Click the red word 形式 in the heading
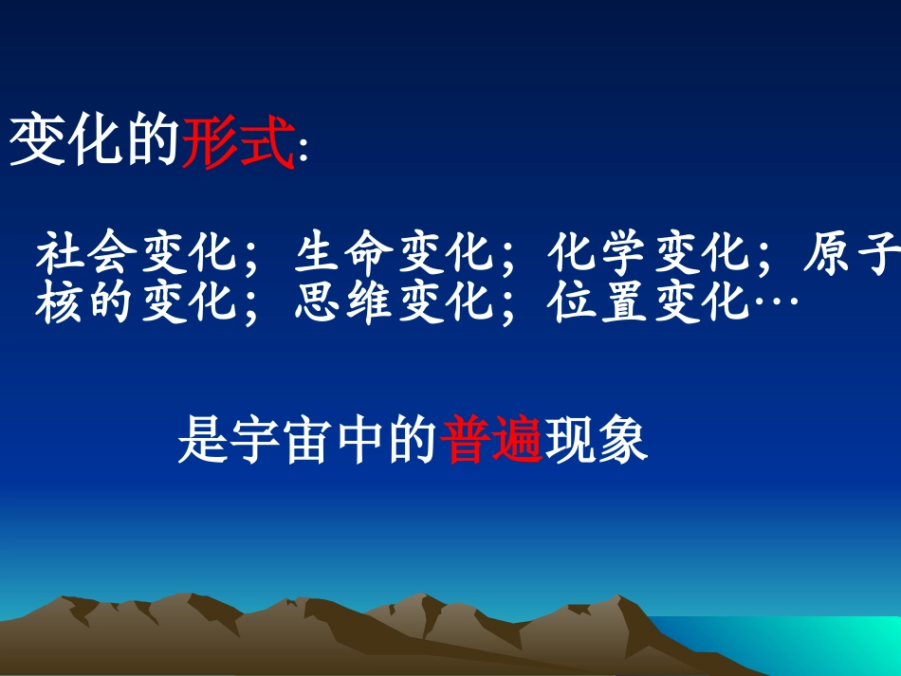point(238,142)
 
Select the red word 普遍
point(492,440)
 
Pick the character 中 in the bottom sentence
point(360,440)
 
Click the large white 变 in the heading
point(38,142)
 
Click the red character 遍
point(518,440)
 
